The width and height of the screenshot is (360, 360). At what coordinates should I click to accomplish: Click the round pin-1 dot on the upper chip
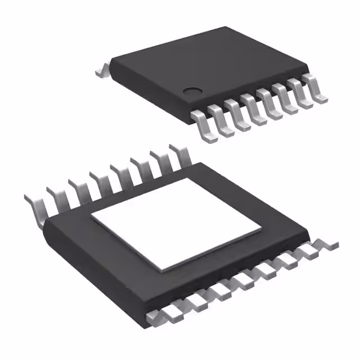pyautogui.click(x=193, y=90)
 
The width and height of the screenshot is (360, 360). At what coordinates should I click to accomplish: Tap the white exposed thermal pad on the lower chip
pyautogui.click(x=176, y=222)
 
